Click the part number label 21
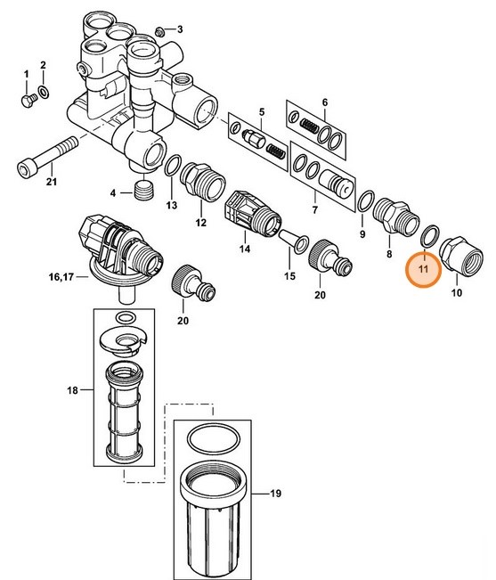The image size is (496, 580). [x=51, y=184]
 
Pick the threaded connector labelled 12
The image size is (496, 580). [x=199, y=184]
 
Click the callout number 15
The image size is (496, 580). [x=287, y=276]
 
